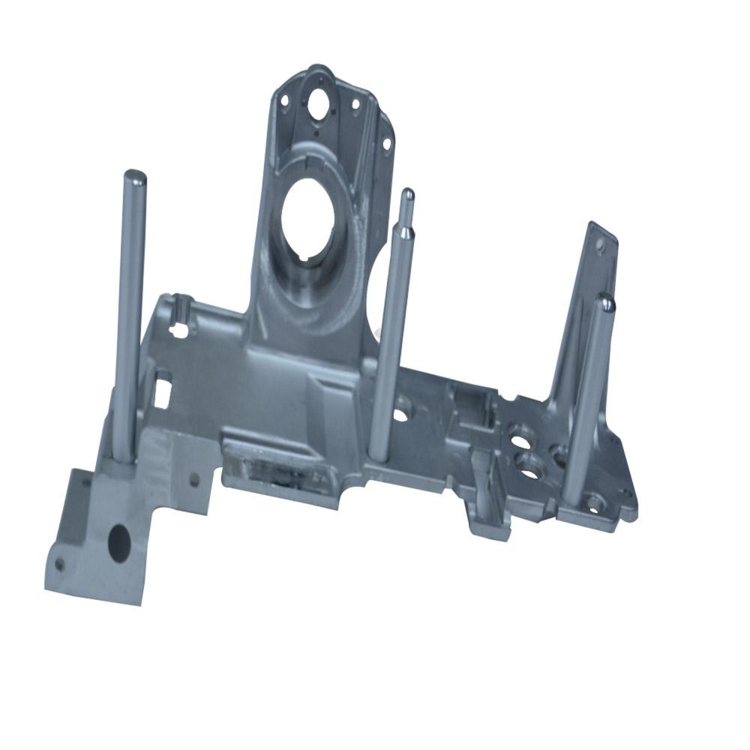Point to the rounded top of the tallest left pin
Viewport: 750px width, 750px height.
tap(135, 177)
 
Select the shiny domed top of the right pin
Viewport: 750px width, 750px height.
tap(604, 302)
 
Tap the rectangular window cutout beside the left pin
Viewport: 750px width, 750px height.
tap(163, 391)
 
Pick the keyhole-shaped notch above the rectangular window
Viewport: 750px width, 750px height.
tap(178, 327)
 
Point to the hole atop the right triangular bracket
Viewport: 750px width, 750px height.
tap(600, 244)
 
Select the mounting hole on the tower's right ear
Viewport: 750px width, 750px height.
tap(386, 142)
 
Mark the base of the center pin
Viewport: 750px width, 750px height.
tap(379, 452)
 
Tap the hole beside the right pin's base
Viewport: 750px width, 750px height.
tap(594, 504)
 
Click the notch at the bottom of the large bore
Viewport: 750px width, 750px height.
tap(304, 259)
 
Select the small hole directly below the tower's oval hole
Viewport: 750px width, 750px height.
tap(316, 133)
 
